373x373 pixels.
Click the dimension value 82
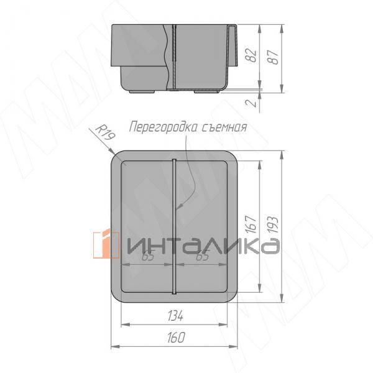(x=252, y=56)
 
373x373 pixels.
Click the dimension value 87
(x=274, y=57)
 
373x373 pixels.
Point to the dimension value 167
(x=252, y=224)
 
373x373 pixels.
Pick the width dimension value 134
(x=175, y=316)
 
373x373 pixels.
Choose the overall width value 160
(x=176, y=338)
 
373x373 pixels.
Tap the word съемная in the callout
(x=224, y=127)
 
